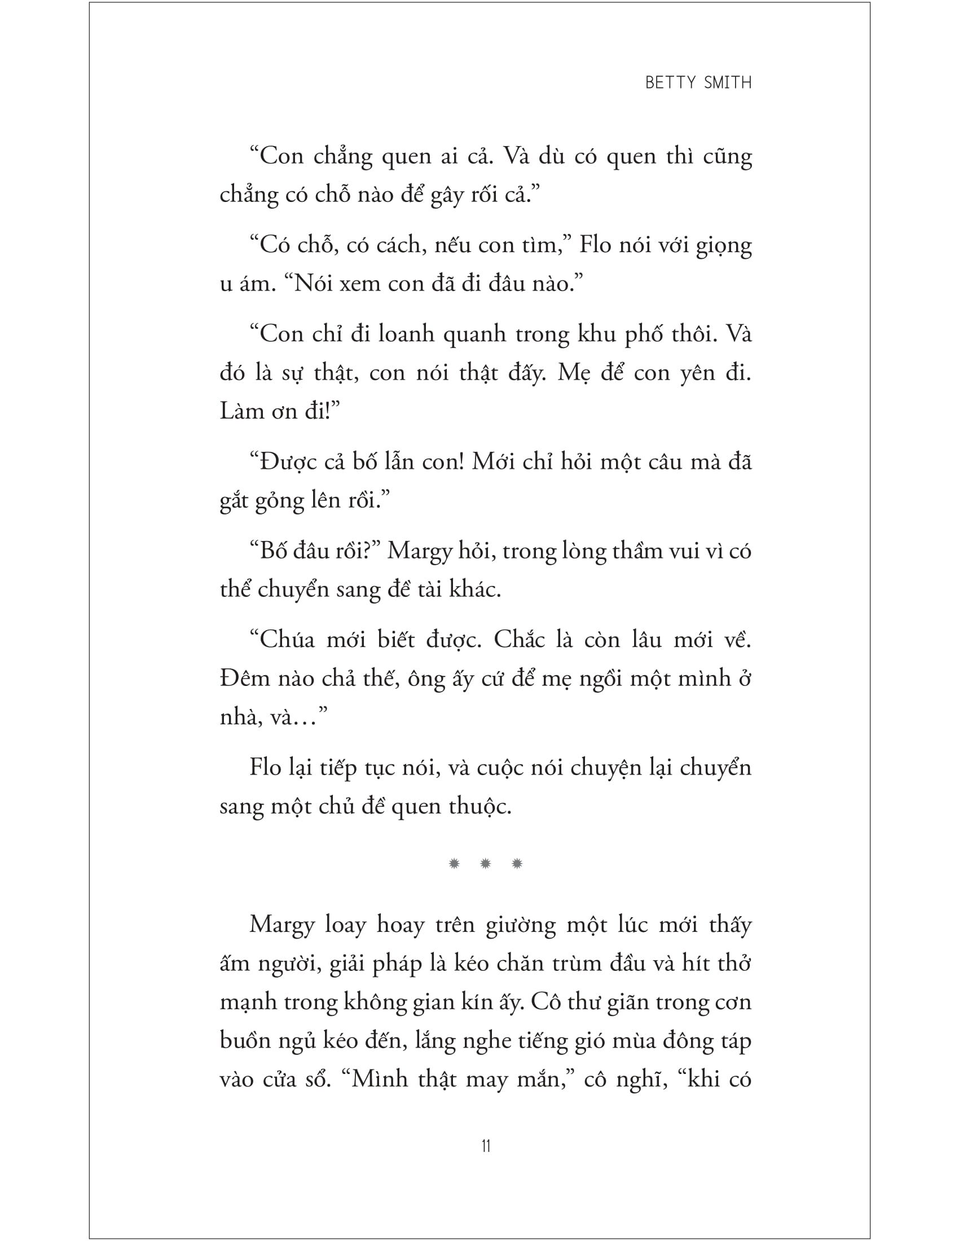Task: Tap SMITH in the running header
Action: (x=728, y=83)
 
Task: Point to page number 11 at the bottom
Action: (x=486, y=1146)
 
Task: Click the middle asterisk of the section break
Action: (x=485, y=864)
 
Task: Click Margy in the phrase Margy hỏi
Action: (x=420, y=551)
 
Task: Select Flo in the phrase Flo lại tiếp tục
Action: (x=265, y=768)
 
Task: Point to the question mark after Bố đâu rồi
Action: (x=367, y=551)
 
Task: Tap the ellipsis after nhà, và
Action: (x=307, y=718)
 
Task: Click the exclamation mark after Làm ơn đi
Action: (x=328, y=411)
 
